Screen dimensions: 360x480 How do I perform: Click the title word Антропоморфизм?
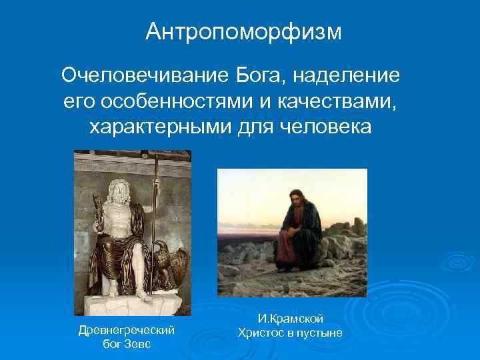point(243,31)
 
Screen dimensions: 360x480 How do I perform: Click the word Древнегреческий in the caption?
point(127,330)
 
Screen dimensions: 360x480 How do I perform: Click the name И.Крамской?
point(290,320)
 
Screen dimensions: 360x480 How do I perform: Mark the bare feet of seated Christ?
point(300,273)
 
